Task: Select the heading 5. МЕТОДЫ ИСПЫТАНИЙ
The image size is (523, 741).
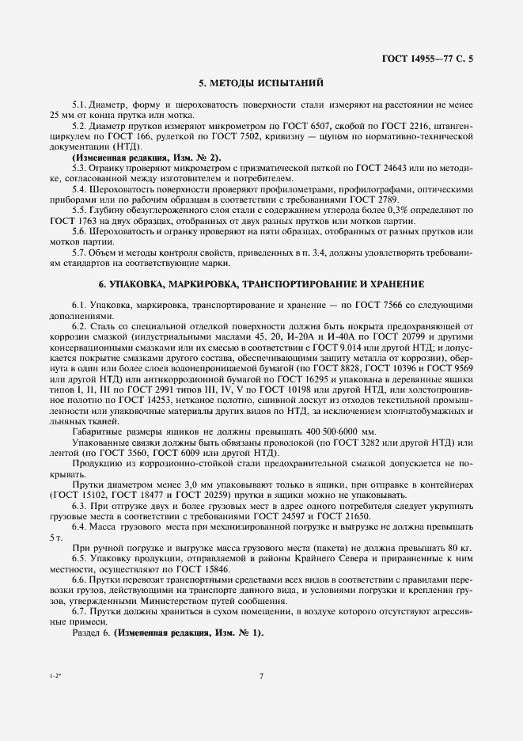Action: pyautogui.click(x=260, y=83)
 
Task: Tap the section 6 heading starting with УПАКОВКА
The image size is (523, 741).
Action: pyautogui.click(x=260, y=283)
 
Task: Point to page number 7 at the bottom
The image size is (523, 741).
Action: pyautogui.click(x=261, y=675)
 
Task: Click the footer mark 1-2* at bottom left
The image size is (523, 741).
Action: pyautogui.click(x=55, y=675)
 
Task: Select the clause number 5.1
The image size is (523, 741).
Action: pyautogui.click(x=80, y=104)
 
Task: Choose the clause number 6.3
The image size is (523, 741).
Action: pyautogui.click(x=80, y=514)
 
